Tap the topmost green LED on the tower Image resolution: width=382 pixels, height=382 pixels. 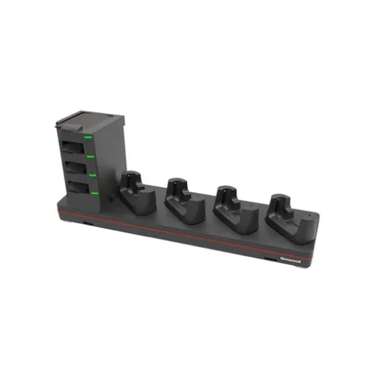pos(88,137)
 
